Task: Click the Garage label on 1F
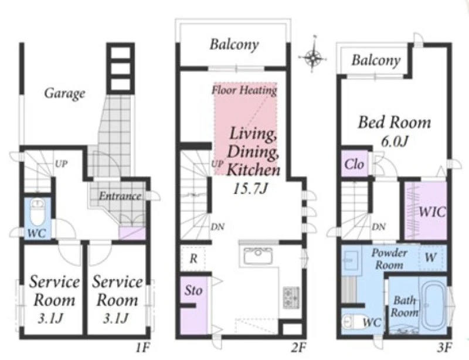point(64,94)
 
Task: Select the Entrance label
point(120,196)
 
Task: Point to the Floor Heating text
point(244,90)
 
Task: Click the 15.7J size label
point(250,189)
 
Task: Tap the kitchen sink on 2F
point(258,256)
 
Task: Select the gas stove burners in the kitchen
point(291,298)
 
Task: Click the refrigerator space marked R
point(193,259)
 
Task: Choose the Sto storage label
point(193,290)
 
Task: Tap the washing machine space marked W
point(430,257)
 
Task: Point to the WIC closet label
point(432,212)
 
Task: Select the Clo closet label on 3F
point(355,164)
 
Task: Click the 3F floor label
point(444,348)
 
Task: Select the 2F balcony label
point(234,45)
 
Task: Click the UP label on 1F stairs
point(61,164)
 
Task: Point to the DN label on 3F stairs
point(378,227)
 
